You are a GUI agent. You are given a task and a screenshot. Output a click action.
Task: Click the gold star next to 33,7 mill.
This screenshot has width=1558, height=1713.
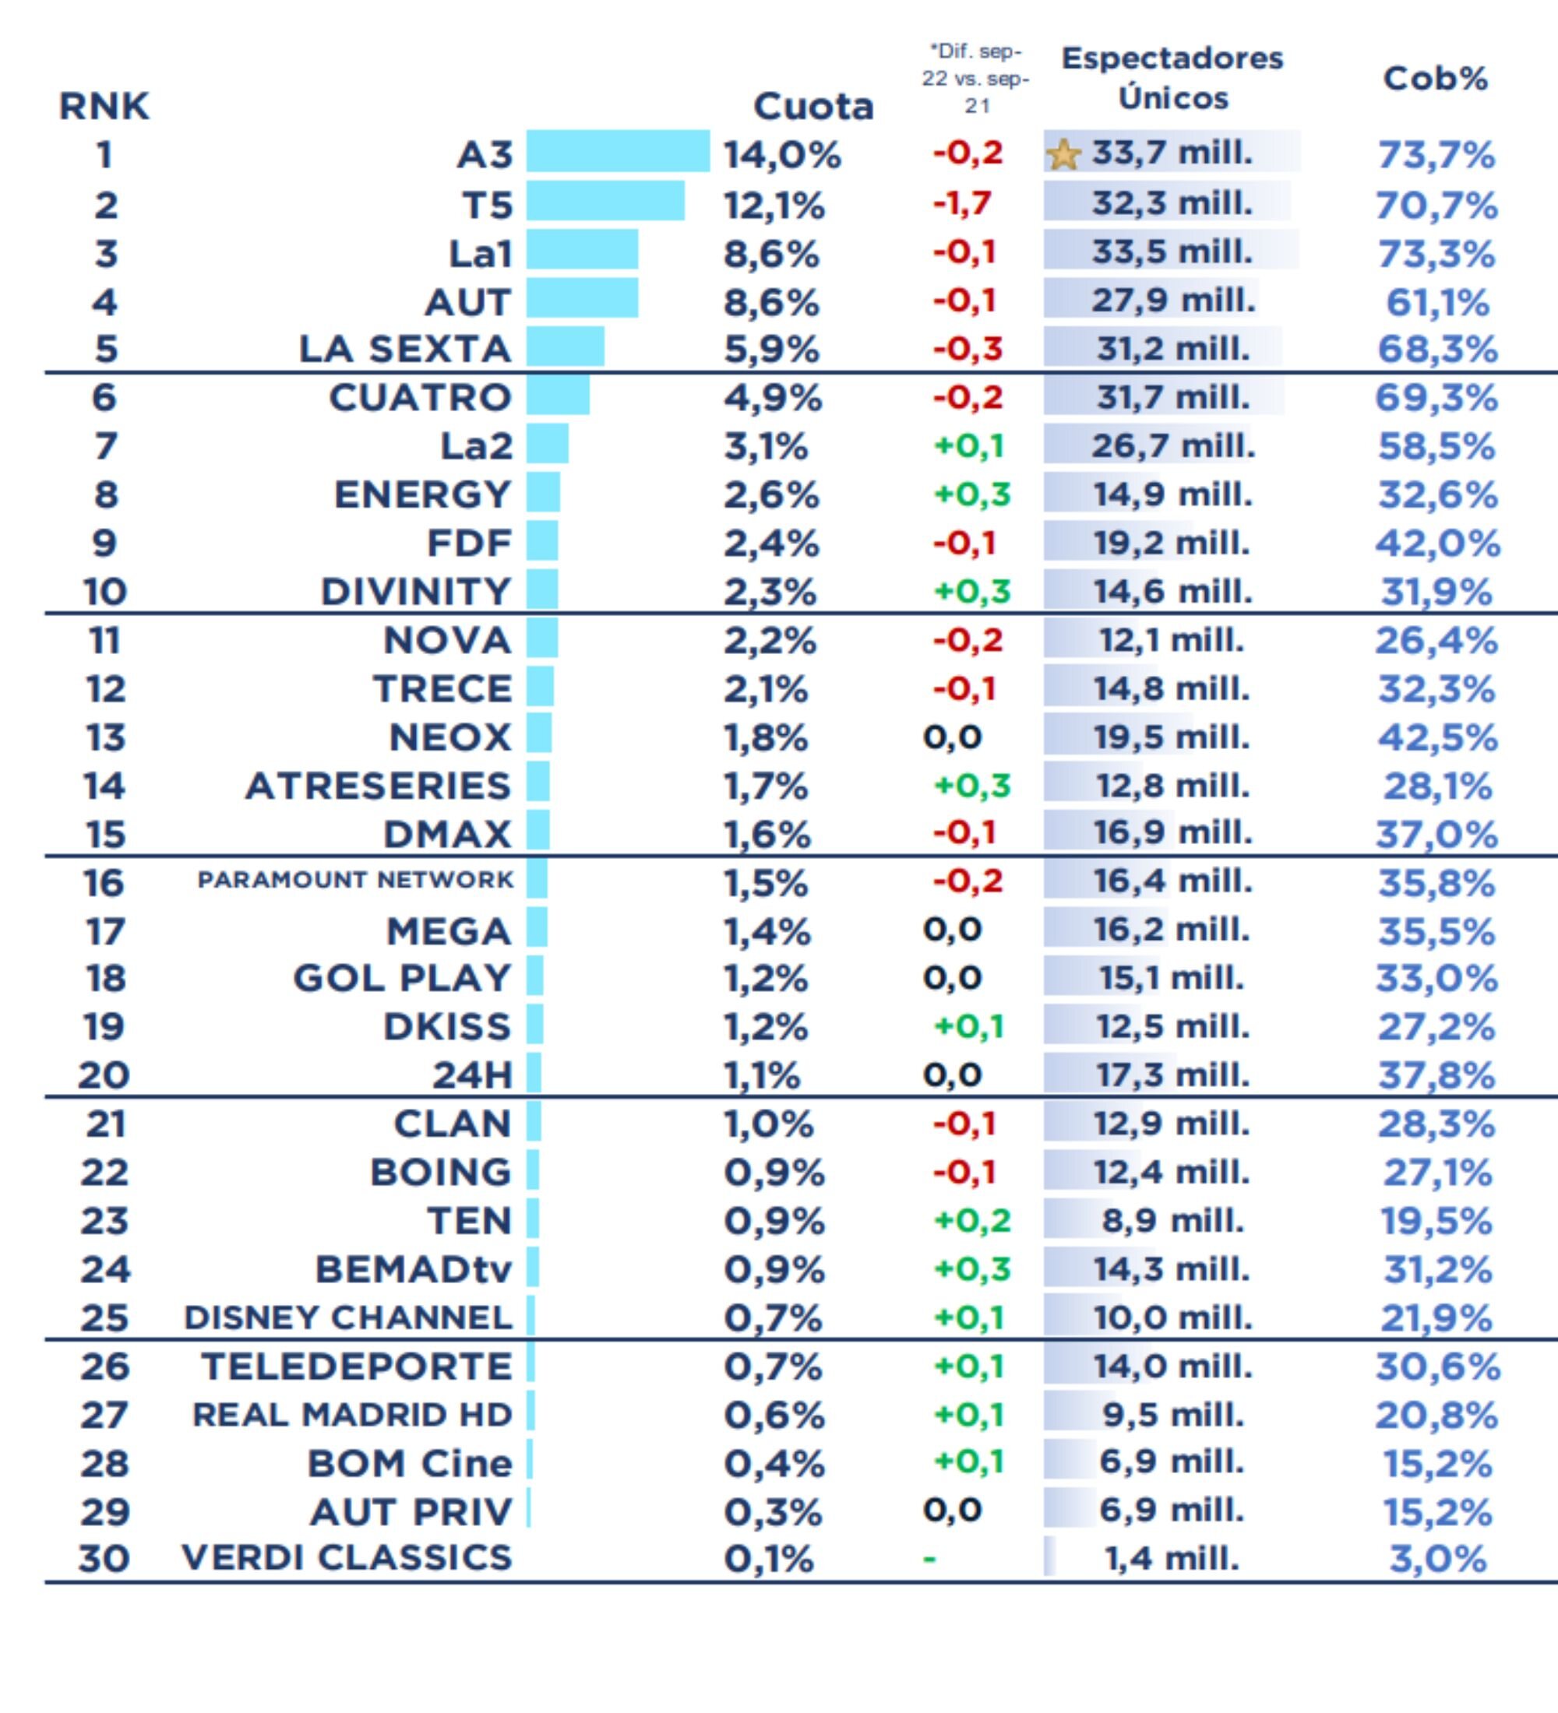coord(1063,155)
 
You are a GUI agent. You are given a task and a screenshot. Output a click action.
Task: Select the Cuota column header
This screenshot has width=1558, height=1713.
coord(812,106)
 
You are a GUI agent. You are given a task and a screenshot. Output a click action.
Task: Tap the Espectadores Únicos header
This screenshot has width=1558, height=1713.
coord(1172,77)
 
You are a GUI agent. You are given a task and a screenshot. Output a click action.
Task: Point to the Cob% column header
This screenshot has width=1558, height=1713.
coord(1435,78)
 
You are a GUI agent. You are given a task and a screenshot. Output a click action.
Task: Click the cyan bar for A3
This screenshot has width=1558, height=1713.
coord(617,151)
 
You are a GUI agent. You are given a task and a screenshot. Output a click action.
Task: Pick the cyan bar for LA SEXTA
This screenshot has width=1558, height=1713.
coord(566,346)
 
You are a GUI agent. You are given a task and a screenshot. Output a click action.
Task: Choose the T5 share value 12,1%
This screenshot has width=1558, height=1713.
coord(774,205)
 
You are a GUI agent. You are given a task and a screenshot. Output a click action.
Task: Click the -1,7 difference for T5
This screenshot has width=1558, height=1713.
coord(961,203)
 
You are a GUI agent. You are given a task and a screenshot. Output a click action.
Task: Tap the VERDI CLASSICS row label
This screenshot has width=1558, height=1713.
coord(347,1557)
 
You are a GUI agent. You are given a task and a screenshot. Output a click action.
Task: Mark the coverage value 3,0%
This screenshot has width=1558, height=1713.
coord(1437,1559)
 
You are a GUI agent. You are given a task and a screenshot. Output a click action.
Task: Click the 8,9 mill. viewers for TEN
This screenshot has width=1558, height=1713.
coord(1172,1221)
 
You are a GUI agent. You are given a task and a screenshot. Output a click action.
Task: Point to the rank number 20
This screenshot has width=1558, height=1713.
coord(104,1076)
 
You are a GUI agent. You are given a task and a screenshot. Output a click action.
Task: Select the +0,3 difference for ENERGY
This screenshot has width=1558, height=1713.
coord(971,494)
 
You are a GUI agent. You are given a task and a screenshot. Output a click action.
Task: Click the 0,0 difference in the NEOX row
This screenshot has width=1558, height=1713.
coord(952,737)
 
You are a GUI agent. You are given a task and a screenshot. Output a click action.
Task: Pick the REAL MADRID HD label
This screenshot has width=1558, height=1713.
coord(353,1415)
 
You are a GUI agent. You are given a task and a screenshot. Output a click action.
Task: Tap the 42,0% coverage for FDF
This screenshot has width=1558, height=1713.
coord(1437,543)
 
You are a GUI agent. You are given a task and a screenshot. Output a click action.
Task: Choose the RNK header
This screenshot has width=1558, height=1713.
coord(104,106)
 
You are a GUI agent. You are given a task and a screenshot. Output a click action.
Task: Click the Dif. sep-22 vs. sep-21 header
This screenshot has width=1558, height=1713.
coord(975,78)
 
